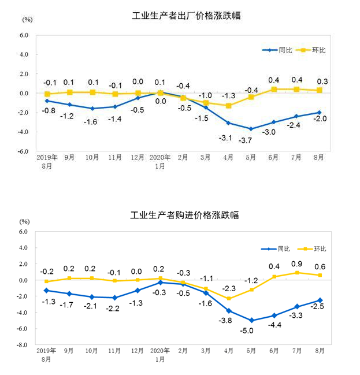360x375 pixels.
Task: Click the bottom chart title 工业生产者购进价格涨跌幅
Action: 185,214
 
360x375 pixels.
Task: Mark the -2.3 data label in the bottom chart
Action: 229,288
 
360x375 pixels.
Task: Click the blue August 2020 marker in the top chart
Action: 318,113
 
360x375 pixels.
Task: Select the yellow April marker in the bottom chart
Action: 229,298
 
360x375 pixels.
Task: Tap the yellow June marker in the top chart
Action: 274,89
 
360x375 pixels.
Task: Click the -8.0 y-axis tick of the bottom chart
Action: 22,345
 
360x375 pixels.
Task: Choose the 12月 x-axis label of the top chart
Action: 137,157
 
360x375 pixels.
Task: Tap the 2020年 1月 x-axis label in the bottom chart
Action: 159,355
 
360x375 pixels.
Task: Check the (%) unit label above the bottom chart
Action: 24,221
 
